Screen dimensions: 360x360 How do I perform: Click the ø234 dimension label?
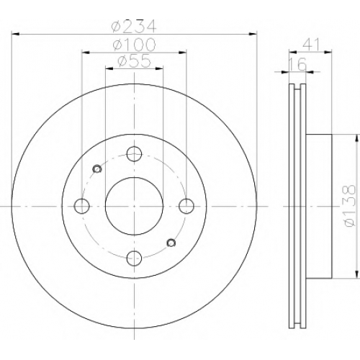click(x=135, y=26)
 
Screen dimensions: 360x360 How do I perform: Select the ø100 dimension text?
click(x=135, y=45)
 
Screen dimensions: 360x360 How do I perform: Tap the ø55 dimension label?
click(x=135, y=61)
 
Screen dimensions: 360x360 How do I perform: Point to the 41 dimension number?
click(x=312, y=45)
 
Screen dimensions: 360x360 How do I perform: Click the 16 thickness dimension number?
click(x=297, y=64)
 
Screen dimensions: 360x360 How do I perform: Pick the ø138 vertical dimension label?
click(x=348, y=206)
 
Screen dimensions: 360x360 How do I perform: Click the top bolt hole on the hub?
click(x=134, y=154)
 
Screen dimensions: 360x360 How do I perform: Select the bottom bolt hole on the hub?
click(x=134, y=258)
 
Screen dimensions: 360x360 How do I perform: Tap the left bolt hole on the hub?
click(x=82, y=206)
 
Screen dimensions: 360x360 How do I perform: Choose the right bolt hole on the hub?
click(x=186, y=206)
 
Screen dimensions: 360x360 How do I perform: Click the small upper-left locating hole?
click(x=97, y=169)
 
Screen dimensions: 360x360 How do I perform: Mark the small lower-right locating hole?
click(x=171, y=243)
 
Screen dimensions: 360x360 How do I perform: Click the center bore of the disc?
click(x=134, y=206)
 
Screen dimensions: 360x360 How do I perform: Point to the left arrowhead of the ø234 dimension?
click(x=15, y=35)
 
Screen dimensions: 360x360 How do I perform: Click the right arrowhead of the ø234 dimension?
click(x=253, y=35)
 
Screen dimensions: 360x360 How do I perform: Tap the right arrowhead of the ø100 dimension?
click(x=183, y=52)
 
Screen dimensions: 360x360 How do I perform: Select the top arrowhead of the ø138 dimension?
click(x=357, y=138)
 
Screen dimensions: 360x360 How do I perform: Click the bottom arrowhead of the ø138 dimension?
click(x=357, y=274)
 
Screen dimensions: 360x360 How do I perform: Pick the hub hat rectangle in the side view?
click(x=319, y=207)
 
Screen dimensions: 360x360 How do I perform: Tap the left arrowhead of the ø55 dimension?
click(x=109, y=68)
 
